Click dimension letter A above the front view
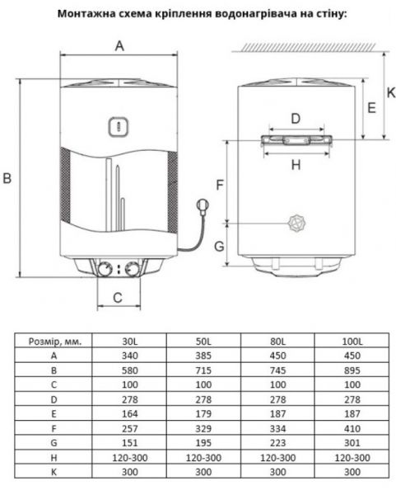[x=119, y=47]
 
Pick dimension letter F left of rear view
[x=219, y=185]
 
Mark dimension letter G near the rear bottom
[x=219, y=246]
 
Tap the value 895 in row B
[x=352, y=371]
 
